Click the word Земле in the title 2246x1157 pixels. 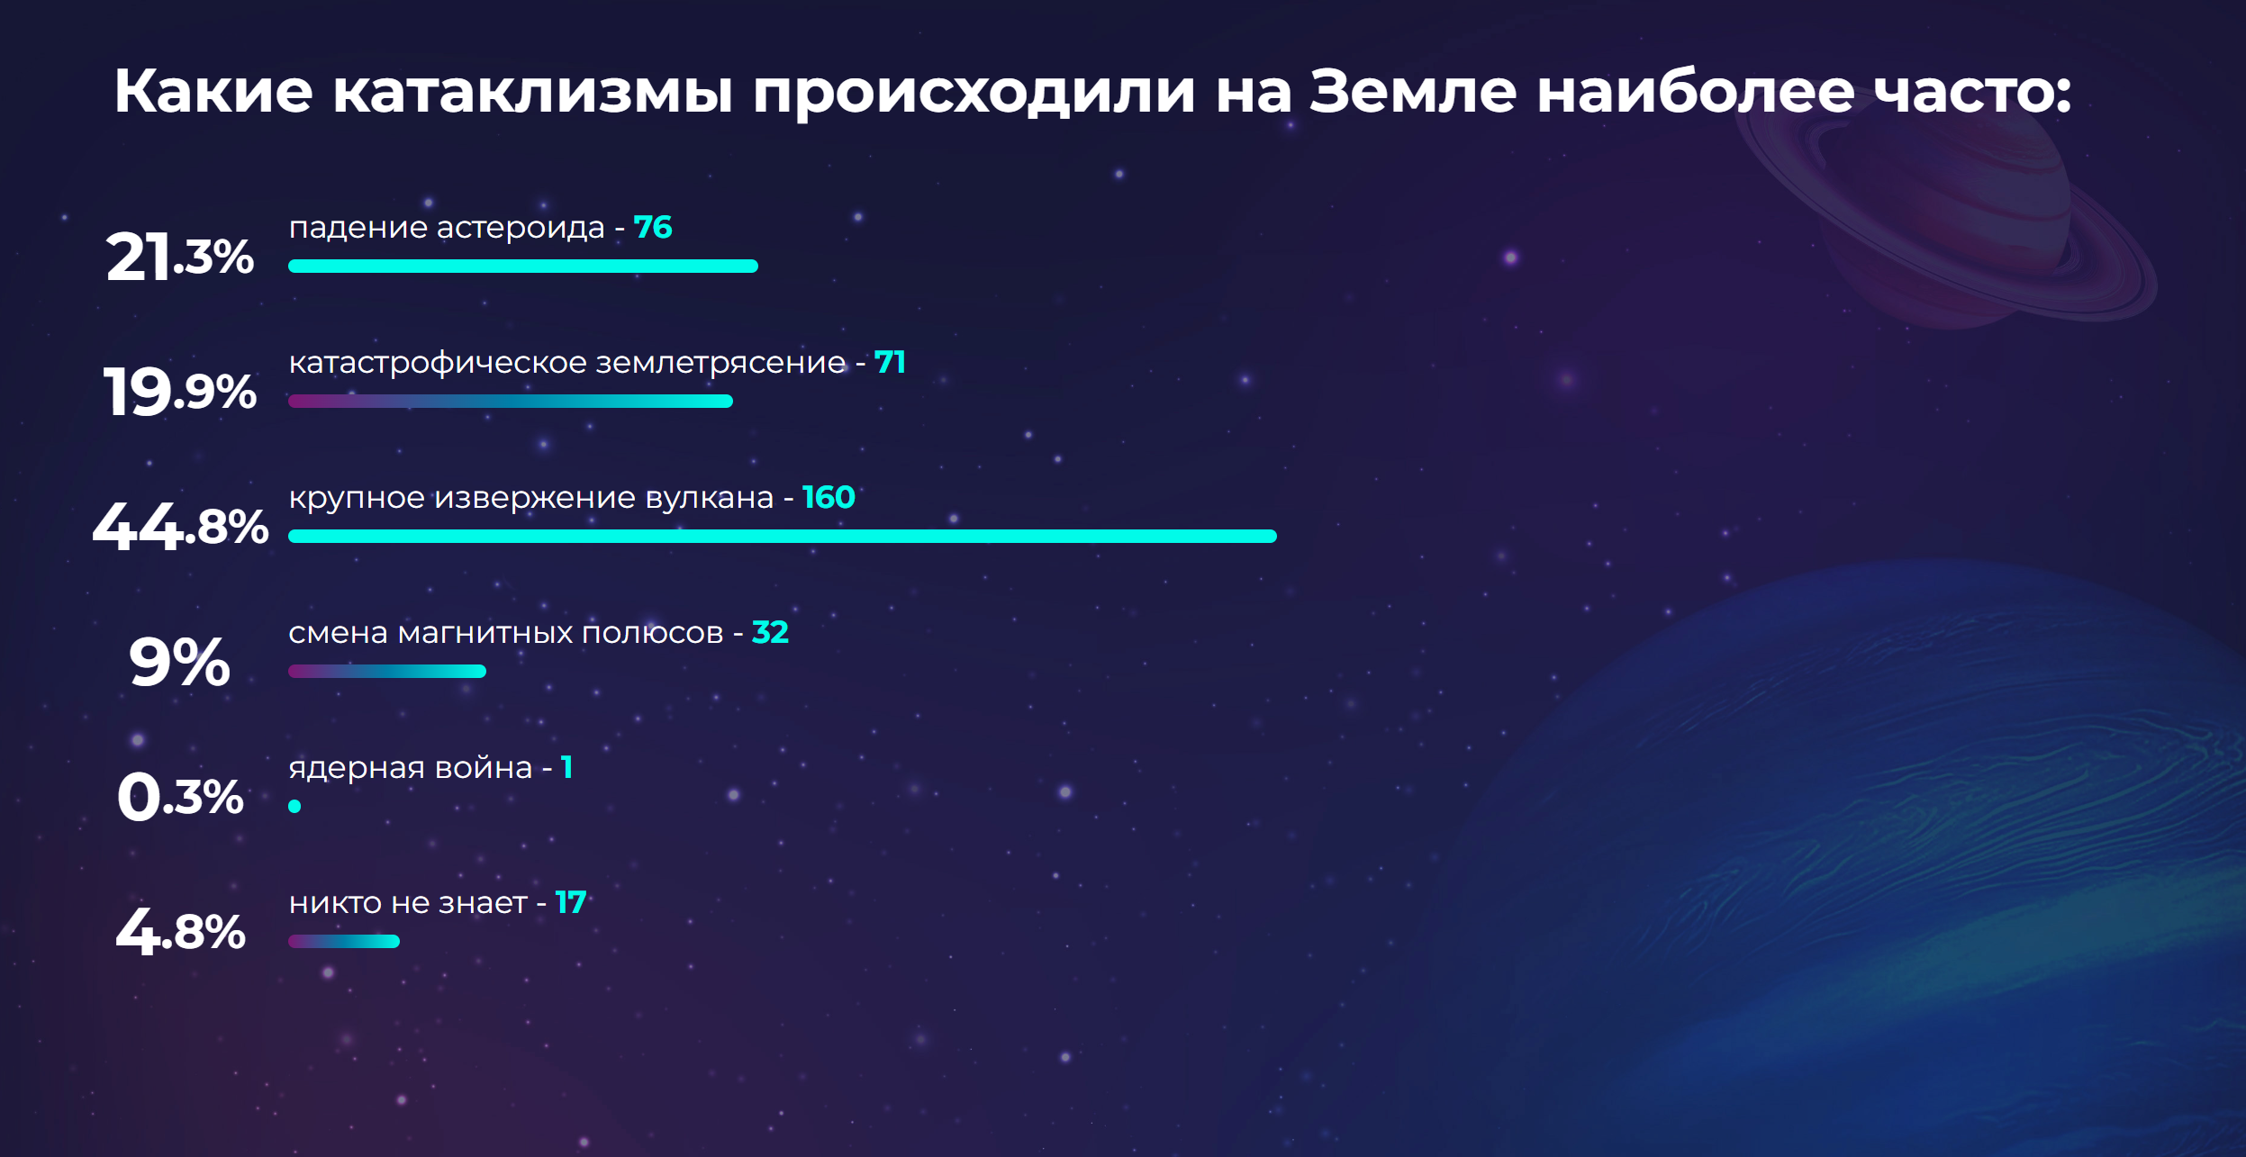coord(1412,91)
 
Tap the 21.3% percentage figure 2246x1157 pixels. coord(180,257)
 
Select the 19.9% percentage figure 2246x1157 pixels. coord(180,392)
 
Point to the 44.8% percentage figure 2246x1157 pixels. coord(180,527)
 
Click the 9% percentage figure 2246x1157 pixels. coord(179,662)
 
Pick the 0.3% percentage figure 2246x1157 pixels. coord(180,797)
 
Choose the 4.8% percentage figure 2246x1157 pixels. coord(180,932)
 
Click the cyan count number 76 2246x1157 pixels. coord(653,227)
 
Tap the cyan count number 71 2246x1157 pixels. coord(890,362)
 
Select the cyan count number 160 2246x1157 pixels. coord(829,497)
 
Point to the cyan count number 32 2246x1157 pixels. coord(770,632)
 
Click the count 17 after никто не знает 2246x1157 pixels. coord(571,902)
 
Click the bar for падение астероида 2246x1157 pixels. coord(523,266)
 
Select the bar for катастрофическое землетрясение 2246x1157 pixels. coord(511,401)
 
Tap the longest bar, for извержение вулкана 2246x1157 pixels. coord(783,536)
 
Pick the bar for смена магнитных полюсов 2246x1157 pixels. coord(387,671)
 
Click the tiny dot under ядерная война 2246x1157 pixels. coord(294,806)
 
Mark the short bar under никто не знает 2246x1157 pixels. coord(344,941)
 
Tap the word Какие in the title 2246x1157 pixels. coord(213,91)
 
